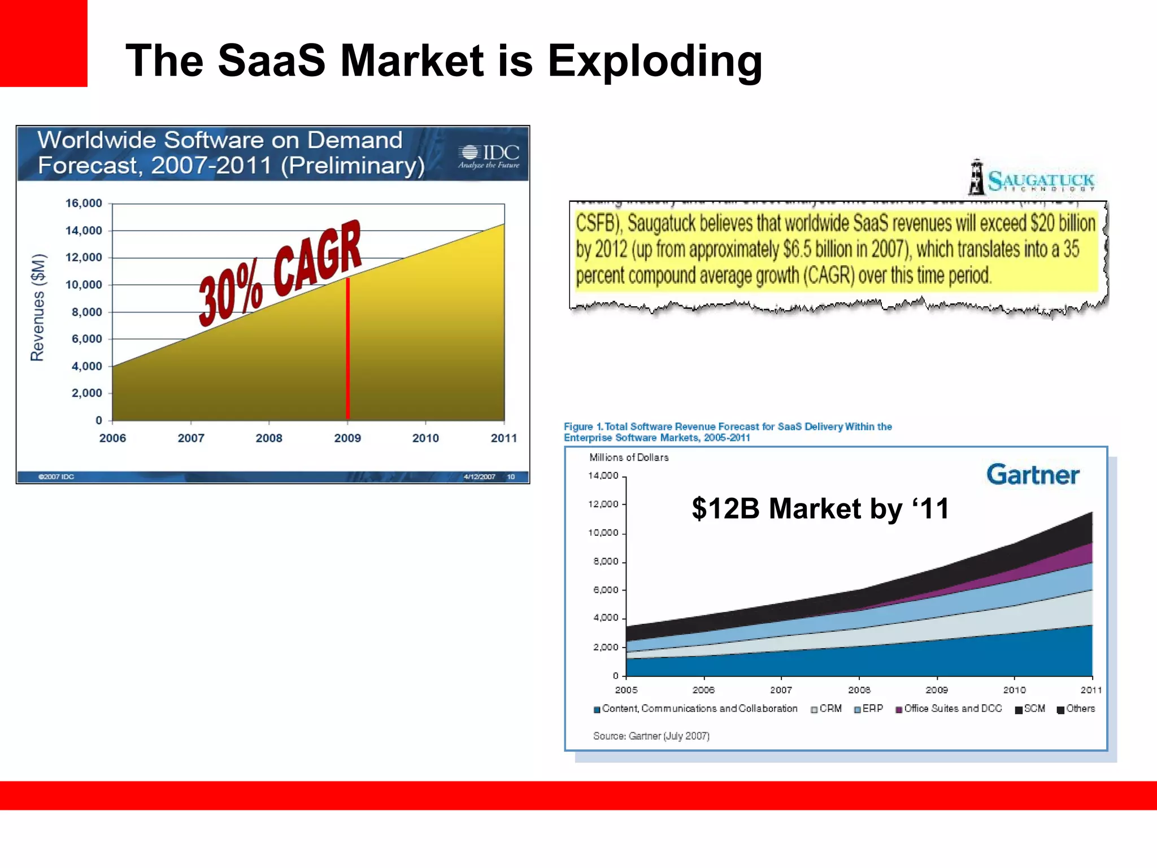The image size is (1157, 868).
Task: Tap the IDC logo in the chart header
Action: coord(489,155)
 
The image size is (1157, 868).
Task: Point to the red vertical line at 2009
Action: coord(347,350)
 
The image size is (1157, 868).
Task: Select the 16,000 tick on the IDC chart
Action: coord(84,203)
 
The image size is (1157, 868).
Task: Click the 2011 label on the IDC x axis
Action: coord(503,438)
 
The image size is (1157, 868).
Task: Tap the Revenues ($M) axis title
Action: coord(37,308)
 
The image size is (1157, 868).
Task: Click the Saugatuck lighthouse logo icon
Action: coord(976,177)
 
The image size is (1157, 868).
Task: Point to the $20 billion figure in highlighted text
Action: coord(1063,223)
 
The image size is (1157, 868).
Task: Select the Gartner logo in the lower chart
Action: coord(1032,475)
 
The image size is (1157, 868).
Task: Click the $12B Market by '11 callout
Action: coord(820,508)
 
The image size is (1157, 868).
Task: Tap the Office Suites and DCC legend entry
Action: coord(949,709)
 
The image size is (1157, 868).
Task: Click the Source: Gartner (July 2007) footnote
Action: coord(651,736)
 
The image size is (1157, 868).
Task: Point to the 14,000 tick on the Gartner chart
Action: coord(603,476)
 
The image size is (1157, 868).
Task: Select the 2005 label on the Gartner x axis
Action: coord(626,690)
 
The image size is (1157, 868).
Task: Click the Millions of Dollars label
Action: coord(629,457)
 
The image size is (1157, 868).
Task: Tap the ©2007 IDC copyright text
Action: coord(56,477)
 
